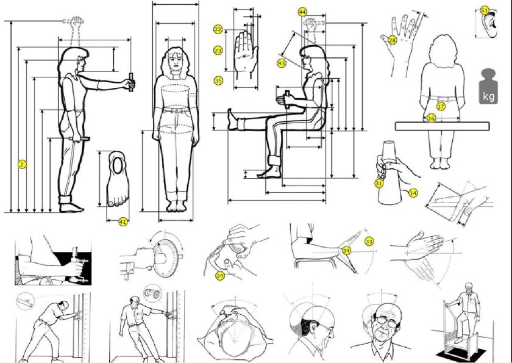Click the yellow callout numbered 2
[x=22, y=164]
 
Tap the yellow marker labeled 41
[x=123, y=222]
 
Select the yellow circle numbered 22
[x=218, y=29]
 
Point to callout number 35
[x=218, y=81]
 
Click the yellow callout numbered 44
[x=302, y=12]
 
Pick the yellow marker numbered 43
[x=282, y=63]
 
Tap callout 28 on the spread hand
[x=392, y=40]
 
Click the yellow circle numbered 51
[x=485, y=11]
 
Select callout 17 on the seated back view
[x=441, y=107]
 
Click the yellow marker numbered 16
[x=432, y=118]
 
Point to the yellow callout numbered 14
[x=413, y=193]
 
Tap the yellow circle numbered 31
[x=379, y=184]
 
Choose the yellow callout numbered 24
[x=220, y=276]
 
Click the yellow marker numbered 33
[x=369, y=242]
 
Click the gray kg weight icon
[x=488, y=87]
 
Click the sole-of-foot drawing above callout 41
[x=118, y=179]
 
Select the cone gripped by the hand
[x=389, y=173]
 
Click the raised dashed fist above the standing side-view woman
[x=77, y=23]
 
